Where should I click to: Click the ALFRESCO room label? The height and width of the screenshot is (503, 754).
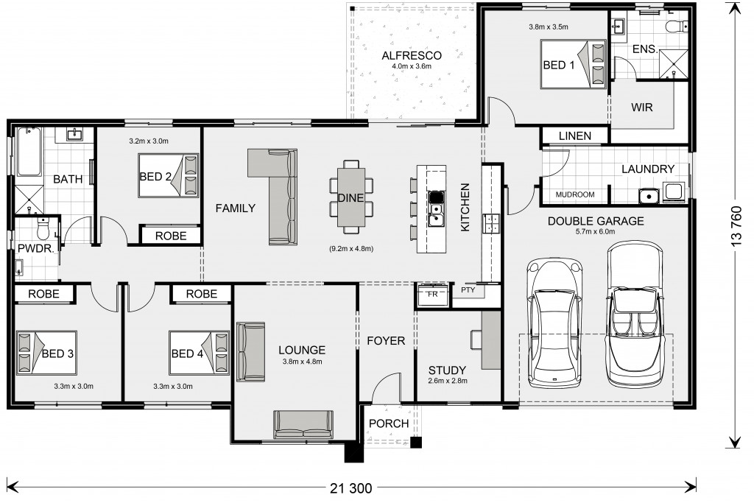tap(412, 56)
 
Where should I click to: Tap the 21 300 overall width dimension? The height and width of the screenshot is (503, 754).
tap(351, 488)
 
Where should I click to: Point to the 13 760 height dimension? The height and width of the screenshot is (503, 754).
tap(736, 227)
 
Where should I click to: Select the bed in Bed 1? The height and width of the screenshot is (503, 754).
tap(573, 64)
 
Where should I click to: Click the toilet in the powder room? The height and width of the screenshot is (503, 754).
tap(43, 229)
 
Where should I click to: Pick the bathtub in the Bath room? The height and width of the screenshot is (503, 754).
tap(29, 152)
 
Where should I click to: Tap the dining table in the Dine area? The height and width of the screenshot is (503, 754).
tap(351, 197)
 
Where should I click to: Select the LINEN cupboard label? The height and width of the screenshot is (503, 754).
tap(575, 136)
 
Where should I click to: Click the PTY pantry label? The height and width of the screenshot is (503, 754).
tap(468, 290)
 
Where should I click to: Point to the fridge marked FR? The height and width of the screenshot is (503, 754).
tap(433, 295)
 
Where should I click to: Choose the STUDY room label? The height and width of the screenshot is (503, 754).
tap(447, 370)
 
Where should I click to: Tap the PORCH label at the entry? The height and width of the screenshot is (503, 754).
tap(389, 423)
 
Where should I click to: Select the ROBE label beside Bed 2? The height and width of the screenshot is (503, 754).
tap(171, 236)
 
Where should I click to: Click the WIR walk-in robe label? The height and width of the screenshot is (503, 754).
tap(642, 108)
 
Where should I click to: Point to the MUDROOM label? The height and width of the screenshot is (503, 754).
tap(575, 194)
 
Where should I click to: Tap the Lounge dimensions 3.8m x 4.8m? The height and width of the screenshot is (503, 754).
tap(302, 362)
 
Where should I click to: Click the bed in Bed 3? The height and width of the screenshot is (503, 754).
tap(46, 353)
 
